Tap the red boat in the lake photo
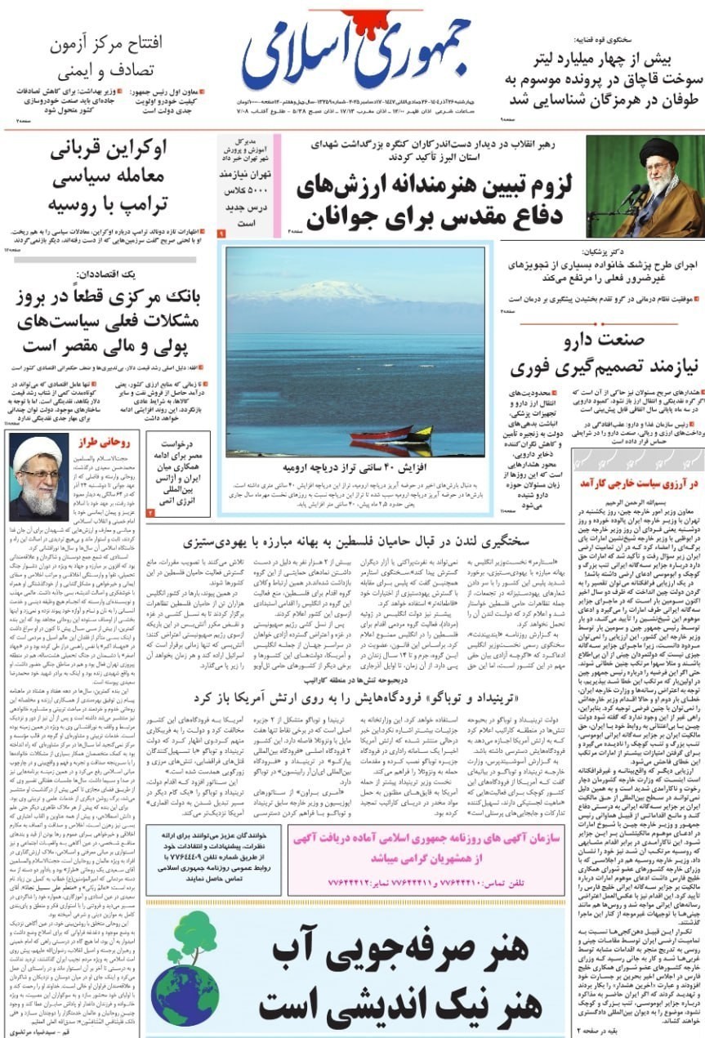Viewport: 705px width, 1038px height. [381, 432]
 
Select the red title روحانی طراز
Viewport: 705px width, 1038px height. [100, 443]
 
